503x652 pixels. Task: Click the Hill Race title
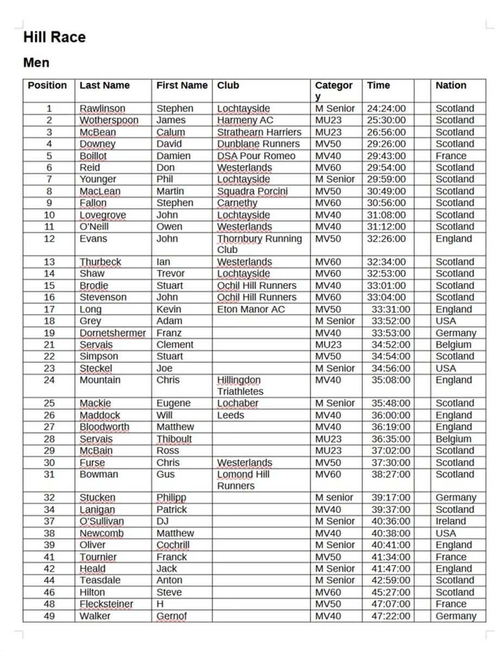point(54,37)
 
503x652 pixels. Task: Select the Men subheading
point(36,63)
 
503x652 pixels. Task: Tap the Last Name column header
point(104,85)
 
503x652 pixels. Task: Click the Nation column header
point(451,85)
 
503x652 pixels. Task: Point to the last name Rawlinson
point(102,109)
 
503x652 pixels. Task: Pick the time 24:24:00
point(386,109)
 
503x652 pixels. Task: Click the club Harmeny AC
point(245,120)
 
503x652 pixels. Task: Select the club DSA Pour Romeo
point(256,156)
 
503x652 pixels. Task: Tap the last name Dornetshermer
point(112,333)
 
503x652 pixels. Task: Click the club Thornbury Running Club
point(259,244)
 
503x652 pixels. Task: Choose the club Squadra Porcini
point(253,191)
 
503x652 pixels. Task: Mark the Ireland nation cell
point(451,522)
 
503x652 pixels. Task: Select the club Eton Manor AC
point(250,310)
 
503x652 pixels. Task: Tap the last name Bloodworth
point(104,427)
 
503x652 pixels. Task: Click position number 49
point(49,616)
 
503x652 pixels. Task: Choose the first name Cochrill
point(173,545)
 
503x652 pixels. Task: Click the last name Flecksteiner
point(106,604)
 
